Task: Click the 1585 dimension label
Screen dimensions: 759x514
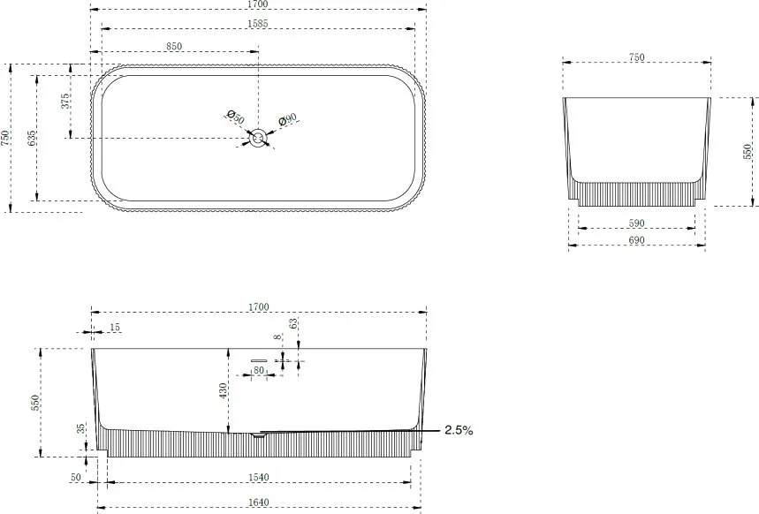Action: [x=257, y=23]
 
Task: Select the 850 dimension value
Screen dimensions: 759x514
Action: [x=174, y=47]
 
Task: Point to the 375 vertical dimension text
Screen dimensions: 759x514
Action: [x=65, y=101]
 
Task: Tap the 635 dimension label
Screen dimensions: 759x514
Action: [x=32, y=139]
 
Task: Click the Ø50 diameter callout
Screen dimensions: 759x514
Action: [x=236, y=117]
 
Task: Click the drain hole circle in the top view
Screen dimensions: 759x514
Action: [x=258, y=139]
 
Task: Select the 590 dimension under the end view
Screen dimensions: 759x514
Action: [x=636, y=223]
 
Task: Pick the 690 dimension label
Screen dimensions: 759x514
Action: [x=636, y=240]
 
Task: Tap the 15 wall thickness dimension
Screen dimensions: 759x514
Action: [x=115, y=328]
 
